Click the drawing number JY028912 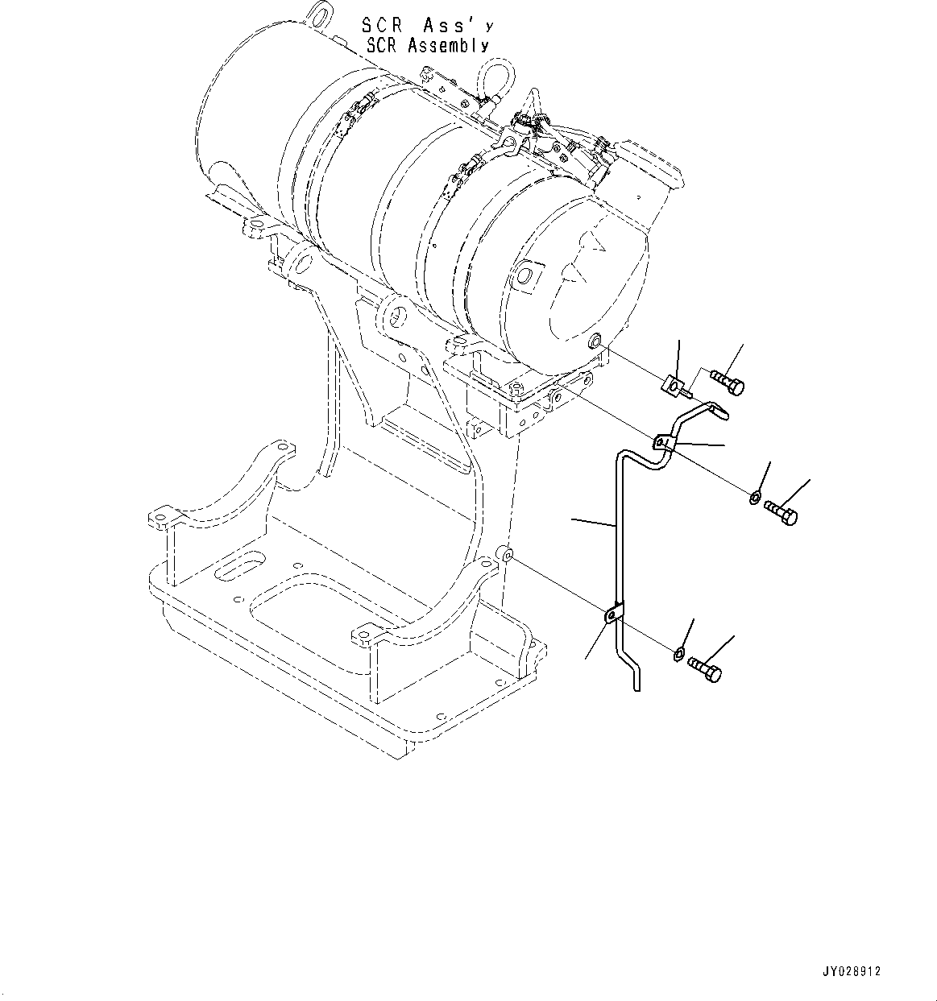(x=852, y=972)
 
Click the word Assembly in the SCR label (x=447, y=46)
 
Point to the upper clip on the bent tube (x=662, y=443)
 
